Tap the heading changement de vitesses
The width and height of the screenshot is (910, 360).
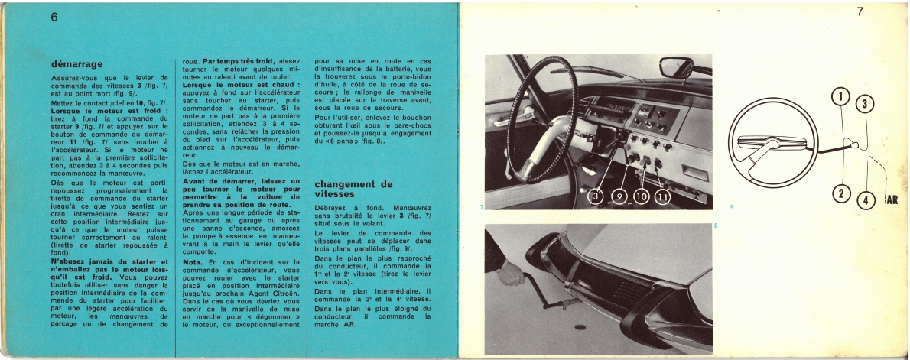click(353, 189)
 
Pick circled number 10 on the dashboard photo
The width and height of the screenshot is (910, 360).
click(640, 197)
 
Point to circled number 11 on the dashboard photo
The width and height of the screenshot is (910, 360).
click(661, 197)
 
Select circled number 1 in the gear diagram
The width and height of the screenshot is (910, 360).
click(840, 97)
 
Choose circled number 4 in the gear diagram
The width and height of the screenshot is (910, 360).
click(865, 201)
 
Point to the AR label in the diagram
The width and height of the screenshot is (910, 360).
click(892, 200)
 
